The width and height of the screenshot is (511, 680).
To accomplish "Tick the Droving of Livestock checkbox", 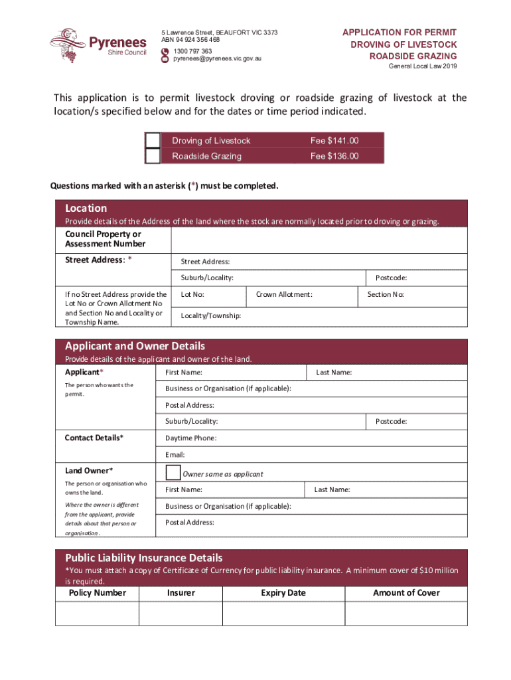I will pos(153,140).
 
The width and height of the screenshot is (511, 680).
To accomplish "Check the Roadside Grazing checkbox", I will pos(153,156).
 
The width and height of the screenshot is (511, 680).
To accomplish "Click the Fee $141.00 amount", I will pos(334,141).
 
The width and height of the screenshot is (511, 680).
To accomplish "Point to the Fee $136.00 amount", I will pos(334,157).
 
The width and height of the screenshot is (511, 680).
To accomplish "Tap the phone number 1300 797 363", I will pos(193,51).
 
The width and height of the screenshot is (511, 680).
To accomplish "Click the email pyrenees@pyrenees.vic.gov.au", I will pos(218,59).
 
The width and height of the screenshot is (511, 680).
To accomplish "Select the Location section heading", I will pos(86,208).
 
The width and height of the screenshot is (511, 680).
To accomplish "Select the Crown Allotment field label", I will pos(284,295).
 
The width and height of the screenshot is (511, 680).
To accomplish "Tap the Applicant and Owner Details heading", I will pos(135,346).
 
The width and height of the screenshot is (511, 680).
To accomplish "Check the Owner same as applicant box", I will pos(173,473).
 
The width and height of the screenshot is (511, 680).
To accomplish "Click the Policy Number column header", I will pos(97,593).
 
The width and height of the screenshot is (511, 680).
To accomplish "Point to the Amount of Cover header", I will pos(406,593).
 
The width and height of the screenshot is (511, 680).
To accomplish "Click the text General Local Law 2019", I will pos(422,66).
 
